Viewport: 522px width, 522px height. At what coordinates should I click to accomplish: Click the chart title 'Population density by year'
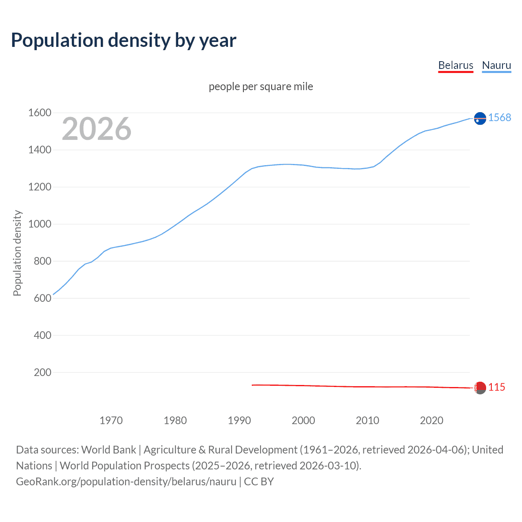tap(124, 40)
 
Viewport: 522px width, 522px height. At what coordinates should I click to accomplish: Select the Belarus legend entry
tap(456, 65)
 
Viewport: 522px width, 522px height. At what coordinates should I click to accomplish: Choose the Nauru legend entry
tap(496, 65)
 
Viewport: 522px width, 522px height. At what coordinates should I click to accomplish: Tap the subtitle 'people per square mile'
tap(261, 86)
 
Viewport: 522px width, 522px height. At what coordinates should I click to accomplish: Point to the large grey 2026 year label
tap(97, 129)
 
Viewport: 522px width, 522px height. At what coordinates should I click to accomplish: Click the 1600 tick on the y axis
tap(40, 113)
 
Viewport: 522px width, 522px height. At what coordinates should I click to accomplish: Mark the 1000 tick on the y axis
tap(40, 224)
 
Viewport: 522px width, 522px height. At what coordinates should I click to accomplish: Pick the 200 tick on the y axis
tap(42, 372)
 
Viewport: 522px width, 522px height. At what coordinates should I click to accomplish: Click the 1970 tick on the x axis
tap(111, 420)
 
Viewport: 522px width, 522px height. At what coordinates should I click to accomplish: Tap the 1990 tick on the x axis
tap(239, 420)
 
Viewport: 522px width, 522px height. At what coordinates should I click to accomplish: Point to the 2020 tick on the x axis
tap(431, 420)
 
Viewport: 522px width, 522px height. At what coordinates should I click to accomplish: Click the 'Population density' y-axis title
tap(17, 253)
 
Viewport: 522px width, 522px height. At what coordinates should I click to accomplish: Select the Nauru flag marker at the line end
tap(480, 118)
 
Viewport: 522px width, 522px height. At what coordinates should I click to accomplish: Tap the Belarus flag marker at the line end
tap(480, 387)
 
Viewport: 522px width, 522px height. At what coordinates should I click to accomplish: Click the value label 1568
tap(500, 117)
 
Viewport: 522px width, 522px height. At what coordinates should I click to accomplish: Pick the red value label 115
tap(497, 387)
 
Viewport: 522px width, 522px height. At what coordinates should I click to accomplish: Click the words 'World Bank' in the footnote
tap(108, 450)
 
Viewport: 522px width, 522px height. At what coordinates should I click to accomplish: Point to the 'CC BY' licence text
tap(259, 482)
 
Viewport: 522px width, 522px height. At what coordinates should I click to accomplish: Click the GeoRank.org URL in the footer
tap(126, 482)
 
